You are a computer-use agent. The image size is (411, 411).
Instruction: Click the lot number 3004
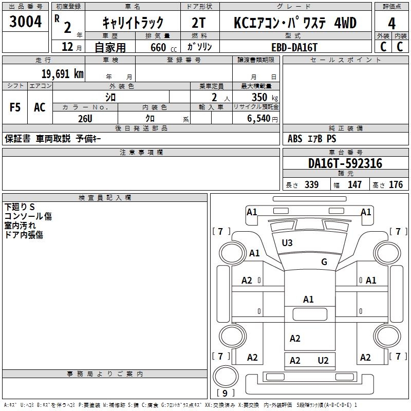tap(25, 22)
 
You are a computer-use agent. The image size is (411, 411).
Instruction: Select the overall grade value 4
tap(392, 23)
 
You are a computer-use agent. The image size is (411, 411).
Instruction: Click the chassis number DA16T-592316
tap(345, 163)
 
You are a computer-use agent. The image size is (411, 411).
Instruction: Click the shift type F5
tap(15, 107)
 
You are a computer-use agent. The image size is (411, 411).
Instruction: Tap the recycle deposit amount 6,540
tap(261, 118)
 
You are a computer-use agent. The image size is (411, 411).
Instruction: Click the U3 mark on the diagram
tap(287, 242)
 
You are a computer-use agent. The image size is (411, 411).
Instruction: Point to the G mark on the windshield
tap(324, 262)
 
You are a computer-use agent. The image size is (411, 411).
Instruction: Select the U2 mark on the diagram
tap(323, 361)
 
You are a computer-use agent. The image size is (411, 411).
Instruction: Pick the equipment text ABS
tap(295, 139)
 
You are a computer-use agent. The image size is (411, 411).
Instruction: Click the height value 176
tap(396, 185)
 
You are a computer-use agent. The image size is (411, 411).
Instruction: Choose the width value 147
tap(354, 185)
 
